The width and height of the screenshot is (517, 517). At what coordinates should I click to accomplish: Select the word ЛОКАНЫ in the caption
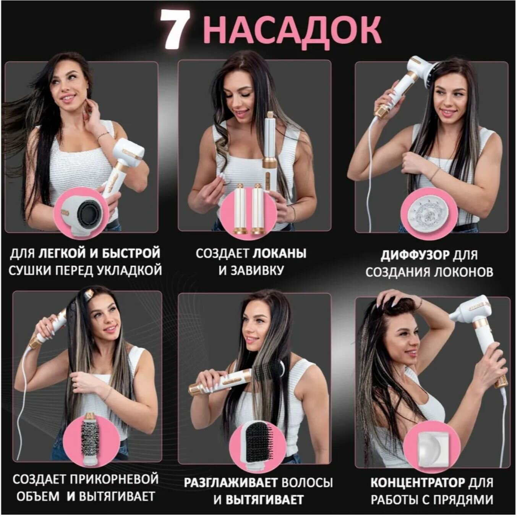[x=279, y=253]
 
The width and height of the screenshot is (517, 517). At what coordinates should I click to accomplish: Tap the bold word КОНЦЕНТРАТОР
[x=418, y=483]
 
